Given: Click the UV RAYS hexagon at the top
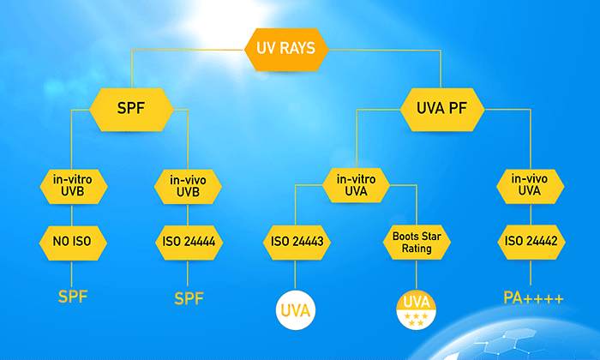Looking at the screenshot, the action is [x=286, y=50].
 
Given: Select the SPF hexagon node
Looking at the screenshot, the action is [x=131, y=110].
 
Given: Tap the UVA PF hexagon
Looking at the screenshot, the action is [x=442, y=110].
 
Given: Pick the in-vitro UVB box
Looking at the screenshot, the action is [x=73, y=186].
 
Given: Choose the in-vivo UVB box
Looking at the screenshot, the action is [x=188, y=187].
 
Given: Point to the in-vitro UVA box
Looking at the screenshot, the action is [x=356, y=185].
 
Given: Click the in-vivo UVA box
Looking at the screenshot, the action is [x=530, y=186].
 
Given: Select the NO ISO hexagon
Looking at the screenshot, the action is [x=73, y=243].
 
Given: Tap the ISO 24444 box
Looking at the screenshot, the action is [x=189, y=243].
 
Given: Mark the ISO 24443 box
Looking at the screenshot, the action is [x=297, y=243].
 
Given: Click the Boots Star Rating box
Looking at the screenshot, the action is [x=417, y=243].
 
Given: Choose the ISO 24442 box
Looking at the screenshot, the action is [x=531, y=242].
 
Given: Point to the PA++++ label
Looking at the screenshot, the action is [x=533, y=298].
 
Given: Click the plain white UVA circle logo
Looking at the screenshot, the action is [x=296, y=310].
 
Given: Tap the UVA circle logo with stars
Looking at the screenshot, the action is [x=417, y=310].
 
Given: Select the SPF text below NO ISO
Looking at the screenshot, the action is [x=73, y=297].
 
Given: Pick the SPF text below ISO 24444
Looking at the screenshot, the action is [x=189, y=298].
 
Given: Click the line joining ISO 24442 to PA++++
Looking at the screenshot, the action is [x=531, y=273].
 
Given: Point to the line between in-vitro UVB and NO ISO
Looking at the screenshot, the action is [x=72, y=215].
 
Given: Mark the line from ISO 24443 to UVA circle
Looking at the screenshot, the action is [x=295, y=274].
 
